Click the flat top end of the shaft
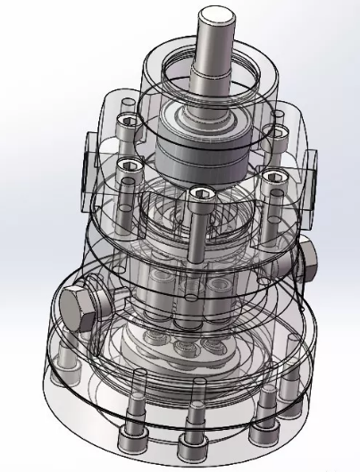click(x=216, y=15)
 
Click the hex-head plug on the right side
click(x=309, y=259)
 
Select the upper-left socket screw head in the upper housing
click(x=126, y=122)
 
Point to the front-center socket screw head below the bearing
click(x=198, y=194)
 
